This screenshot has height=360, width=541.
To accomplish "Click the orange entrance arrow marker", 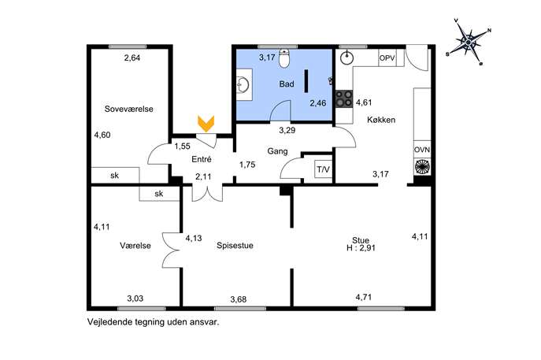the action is point(206,124).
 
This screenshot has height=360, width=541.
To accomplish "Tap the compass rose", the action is point(469,43).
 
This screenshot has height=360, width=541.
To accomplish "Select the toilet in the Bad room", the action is point(284,58).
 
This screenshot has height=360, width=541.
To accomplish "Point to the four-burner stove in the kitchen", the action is point(344,98).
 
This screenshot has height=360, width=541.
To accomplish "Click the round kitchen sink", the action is point(346,58).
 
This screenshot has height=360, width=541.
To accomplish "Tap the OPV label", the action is point(387,58).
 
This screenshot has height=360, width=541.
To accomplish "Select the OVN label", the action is point(422,150).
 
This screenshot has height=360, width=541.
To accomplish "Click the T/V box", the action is point(324,169).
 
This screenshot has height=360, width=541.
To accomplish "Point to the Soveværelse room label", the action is point(128,109).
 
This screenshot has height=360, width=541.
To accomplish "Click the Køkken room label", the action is point(381,120).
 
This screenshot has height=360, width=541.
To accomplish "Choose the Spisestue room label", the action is point(235,246).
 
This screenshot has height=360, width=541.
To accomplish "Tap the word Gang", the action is point(277,151).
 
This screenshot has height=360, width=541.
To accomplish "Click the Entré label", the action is point(202,159).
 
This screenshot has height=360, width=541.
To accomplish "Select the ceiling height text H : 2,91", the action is point(361,248).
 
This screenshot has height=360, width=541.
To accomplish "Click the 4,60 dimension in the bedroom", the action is point(102,135).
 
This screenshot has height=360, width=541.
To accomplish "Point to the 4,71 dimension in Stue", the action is point(364,297).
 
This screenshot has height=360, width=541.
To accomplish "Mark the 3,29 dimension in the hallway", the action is point(287,130).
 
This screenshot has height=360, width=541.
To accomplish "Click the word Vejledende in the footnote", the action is point(106,322).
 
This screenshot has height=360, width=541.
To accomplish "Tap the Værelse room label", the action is point(135,246).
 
